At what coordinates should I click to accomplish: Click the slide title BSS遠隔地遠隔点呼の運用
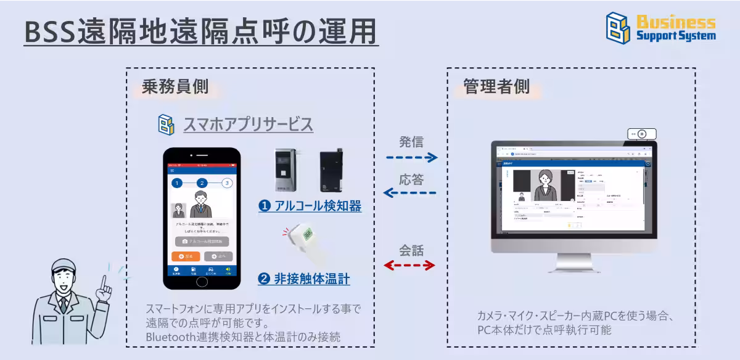coord(200,32)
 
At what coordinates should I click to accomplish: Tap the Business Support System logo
coord(660,28)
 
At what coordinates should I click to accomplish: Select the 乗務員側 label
coord(175,87)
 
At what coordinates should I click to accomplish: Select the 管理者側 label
coord(496,87)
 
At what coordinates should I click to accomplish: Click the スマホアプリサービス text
coord(248,125)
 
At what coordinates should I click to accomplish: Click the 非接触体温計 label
coord(304,279)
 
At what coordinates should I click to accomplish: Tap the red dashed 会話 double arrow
coord(409,266)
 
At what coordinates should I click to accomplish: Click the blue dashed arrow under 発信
coord(411,158)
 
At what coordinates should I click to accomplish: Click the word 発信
coord(411,142)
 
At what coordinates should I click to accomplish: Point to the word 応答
coord(411,179)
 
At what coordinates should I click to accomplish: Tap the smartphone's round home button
coord(202,282)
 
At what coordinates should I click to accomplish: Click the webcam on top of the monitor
coord(641,134)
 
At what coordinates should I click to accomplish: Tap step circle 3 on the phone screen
coord(227,183)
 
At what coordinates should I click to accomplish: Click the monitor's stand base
coord(573,267)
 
